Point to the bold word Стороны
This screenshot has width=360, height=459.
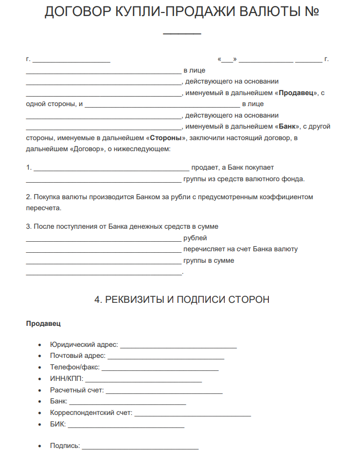click(166, 138)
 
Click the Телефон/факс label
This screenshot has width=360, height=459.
click(75, 367)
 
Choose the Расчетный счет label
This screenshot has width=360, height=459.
click(77, 390)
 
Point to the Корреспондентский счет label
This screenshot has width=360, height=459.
click(91, 413)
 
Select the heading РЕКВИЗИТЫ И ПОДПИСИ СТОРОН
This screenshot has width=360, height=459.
click(182, 299)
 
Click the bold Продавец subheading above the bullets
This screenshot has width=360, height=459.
click(44, 324)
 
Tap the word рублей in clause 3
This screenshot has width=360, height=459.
click(195, 238)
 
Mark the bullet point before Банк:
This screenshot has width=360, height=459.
click(40, 401)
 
